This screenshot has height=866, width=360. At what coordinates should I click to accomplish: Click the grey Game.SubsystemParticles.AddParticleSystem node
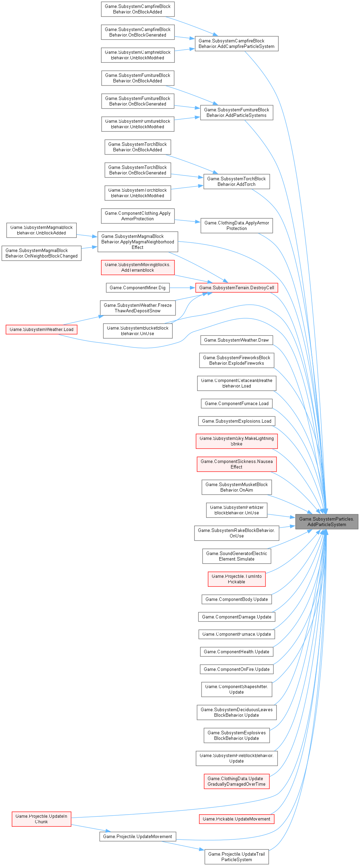click(x=327, y=522)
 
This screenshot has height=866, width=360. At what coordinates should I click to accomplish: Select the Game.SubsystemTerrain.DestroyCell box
click(x=237, y=288)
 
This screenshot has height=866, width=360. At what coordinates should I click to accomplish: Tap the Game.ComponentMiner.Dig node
click(x=138, y=288)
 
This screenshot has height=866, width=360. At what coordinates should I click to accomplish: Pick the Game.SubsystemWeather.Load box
click(x=41, y=329)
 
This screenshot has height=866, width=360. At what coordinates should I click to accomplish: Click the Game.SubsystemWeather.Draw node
click(x=237, y=340)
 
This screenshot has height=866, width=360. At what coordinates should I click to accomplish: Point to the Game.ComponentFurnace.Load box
click(x=237, y=403)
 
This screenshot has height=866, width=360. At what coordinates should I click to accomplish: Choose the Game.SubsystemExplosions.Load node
click(x=237, y=421)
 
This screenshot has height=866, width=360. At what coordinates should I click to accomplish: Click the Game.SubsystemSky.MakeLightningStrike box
click(x=237, y=441)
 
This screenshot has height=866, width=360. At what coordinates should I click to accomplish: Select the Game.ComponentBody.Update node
click(x=237, y=599)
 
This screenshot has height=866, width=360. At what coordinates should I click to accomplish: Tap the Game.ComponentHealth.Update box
click(x=237, y=652)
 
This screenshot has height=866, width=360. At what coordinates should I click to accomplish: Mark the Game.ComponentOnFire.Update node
click(x=237, y=669)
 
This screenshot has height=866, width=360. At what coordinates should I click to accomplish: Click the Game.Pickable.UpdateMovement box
click(x=237, y=819)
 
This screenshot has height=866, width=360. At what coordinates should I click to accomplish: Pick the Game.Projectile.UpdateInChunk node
click(x=41, y=819)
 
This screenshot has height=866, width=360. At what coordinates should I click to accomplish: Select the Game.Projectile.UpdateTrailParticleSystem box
click(x=237, y=857)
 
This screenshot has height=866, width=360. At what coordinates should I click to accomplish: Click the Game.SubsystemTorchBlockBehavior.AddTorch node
click(x=237, y=181)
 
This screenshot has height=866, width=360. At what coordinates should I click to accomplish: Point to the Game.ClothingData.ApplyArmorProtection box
click(x=237, y=225)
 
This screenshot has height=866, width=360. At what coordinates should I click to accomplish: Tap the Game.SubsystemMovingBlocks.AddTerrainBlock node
click(x=138, y=267)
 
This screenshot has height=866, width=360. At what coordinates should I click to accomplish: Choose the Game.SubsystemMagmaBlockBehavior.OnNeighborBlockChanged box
click(x=41, y=253)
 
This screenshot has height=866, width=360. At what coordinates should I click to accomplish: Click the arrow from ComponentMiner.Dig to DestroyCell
click(x=182, y=288)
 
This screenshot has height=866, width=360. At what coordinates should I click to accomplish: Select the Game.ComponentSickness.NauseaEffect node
click(x=237, y=464)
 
